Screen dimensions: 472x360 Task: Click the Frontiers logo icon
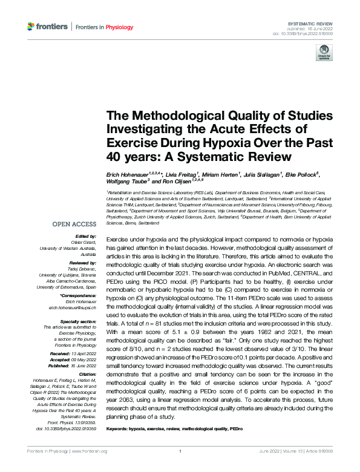[x=31, y=27]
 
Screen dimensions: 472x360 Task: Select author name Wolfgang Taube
[x=128, y=182]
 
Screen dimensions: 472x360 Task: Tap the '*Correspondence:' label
[x=79, y=296]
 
